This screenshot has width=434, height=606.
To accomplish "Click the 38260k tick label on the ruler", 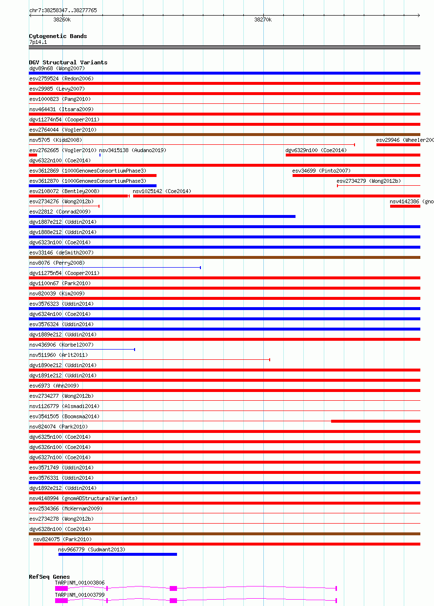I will (x=62, y=20).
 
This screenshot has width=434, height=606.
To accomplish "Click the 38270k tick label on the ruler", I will (x=263, y=20).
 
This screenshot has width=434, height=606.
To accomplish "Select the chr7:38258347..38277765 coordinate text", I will (x=63, y=10).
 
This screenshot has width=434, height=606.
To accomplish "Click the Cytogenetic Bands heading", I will (x=58, y=36).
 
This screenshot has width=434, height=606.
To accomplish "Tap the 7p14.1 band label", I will (x=38, y=42).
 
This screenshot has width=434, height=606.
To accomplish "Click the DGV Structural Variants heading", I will (x=68, y=62).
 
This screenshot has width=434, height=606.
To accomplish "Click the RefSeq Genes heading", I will (x=49, y=577).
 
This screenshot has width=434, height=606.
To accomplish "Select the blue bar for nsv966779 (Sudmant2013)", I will (x=118, y=554).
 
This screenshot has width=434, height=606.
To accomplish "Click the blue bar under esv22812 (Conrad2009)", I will (x=162, y=216).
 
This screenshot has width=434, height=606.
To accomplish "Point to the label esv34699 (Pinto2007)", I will (x=321, y=171).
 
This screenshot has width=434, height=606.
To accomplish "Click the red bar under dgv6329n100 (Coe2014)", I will (x=353, y=155).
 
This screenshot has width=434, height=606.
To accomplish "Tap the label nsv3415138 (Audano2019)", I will (x=133, y=150).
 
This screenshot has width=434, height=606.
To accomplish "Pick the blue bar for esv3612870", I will (x=93, y=186).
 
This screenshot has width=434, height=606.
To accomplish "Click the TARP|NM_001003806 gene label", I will (x=79, y=583).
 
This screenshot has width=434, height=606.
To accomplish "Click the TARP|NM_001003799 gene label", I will (x=79, y=595).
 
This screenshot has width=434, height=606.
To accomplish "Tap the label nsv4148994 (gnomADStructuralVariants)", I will (x=83, y=498).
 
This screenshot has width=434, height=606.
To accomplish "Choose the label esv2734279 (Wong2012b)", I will (x=368, y=181).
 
